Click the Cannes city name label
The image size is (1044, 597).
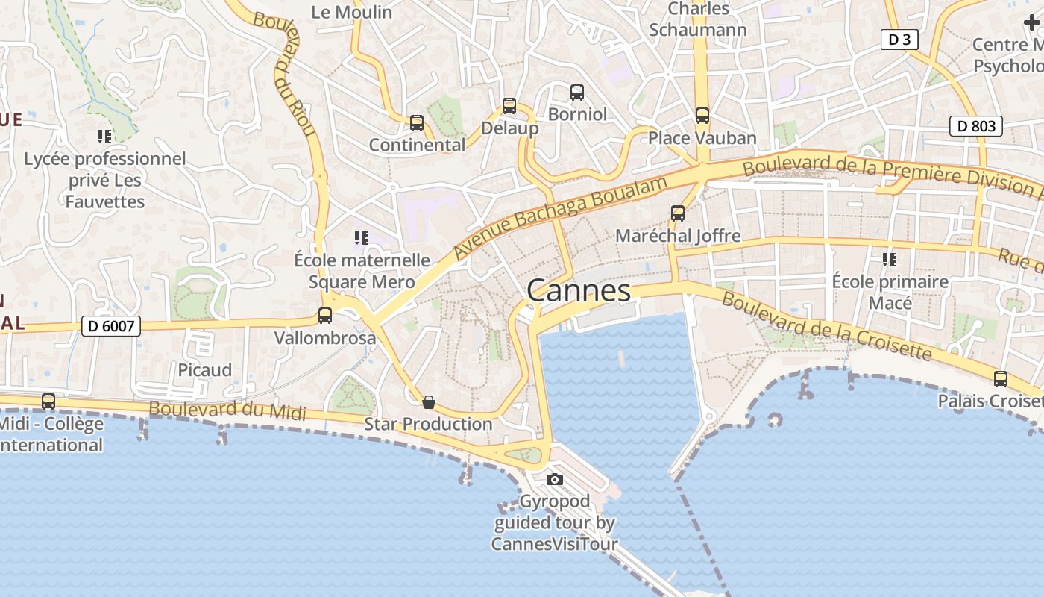coord(579,290)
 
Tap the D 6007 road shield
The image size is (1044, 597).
coord(111,325)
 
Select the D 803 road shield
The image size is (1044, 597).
coord(975,126)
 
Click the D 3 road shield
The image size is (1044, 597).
coord(899,40)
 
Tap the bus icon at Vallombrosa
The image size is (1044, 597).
coord(325,316)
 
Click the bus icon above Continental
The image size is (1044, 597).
coord(417,123)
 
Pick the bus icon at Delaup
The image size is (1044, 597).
coord(509,106)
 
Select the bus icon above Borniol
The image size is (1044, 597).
coord(577,93)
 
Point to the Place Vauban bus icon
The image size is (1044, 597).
coord(702,116)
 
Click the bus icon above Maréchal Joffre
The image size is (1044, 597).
coord(678,213)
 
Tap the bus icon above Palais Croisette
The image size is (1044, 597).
coord(1001,379)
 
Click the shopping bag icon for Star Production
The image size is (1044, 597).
coord(429,402)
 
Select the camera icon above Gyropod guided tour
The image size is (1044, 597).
coord(555,479)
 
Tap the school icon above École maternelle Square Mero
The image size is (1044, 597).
coord(362,238)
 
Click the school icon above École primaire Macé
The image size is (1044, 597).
coord(890,260)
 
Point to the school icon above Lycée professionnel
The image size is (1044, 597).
coord(104,137)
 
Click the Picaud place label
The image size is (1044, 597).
coord(205,370)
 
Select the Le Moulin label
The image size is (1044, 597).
coord(352,12)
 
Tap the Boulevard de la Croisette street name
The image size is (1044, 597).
coord(827,326)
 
